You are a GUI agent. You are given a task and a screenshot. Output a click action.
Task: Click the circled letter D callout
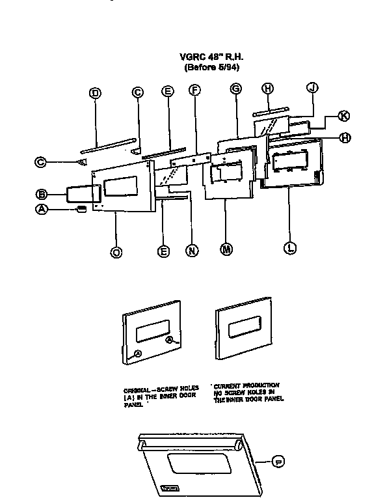95,92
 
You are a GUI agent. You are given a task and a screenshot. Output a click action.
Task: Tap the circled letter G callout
235,89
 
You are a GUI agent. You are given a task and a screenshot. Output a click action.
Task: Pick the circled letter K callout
344,115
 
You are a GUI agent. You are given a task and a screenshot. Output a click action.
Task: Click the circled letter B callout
41,193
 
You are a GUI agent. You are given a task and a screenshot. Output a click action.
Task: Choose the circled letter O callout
116,252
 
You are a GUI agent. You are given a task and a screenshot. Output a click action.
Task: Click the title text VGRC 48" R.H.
205,57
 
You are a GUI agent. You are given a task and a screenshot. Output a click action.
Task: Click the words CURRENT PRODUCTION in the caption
248,386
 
